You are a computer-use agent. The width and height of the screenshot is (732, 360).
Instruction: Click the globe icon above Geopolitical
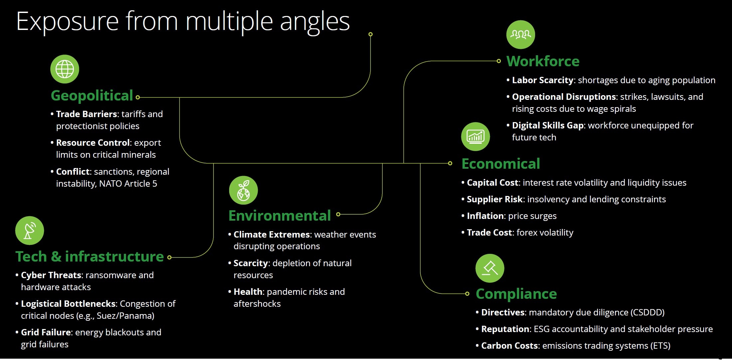[65, 69]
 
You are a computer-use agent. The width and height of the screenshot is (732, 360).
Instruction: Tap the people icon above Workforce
[520, 35]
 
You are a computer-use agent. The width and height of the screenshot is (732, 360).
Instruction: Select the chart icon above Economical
[475, 136]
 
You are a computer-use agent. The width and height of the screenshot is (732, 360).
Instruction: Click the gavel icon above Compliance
[490, 268]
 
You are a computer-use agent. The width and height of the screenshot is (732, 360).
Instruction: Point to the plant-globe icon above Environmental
[243, 190]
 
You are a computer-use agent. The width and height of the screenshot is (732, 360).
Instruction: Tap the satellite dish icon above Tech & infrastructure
[30, 231]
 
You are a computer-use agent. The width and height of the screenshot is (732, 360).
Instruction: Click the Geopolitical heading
[92, 96]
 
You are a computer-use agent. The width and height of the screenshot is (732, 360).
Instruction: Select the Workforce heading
[543, 62]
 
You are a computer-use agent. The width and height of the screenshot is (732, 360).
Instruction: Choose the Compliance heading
[516, 294]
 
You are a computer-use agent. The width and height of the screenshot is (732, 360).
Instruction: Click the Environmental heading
[279, 216]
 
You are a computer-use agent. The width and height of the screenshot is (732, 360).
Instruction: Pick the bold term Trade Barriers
[86, 114]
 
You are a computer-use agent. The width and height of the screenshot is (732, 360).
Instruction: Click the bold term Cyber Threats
[51, 275]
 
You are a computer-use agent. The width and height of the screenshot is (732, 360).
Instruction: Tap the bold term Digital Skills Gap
[548, 125]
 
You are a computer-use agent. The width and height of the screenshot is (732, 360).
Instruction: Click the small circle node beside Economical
[450, 163]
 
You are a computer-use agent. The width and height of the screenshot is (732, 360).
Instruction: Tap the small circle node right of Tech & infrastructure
[169, 257]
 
